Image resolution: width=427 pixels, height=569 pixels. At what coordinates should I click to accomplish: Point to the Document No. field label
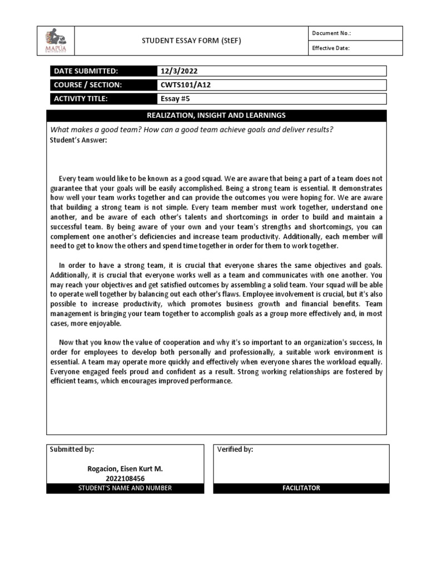click(x=331, y=33)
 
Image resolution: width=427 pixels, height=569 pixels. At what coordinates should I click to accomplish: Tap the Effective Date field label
click(x=331, y=48)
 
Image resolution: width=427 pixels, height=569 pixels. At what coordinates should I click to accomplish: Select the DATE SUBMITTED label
click(x=86, y=71)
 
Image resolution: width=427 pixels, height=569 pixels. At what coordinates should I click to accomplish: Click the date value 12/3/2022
click(x=178, y=71)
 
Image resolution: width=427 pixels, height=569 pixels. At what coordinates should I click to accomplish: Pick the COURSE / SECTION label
click(x=87, y=85)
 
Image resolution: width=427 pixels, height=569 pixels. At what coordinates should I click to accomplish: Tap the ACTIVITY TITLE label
click(x=80, y=99)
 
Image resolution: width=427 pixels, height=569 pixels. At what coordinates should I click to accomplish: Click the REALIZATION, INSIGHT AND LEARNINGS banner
click(x=216, y=115)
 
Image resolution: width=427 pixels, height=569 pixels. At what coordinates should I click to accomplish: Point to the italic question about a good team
click(x=192, y=129)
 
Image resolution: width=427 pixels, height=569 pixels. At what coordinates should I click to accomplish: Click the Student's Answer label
click(x=78, y=139)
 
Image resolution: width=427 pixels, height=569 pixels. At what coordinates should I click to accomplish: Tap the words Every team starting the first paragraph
click(x=74, y=179)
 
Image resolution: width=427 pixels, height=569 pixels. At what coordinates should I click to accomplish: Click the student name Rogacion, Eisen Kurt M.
click(x=125, y=469)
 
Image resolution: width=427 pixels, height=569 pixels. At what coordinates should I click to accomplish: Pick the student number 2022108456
click(x=125, y=478)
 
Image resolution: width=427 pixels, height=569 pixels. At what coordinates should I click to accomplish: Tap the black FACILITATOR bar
click(x=301, y=488)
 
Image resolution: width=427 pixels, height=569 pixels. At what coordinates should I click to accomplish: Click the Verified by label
click(x=235, y=450)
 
